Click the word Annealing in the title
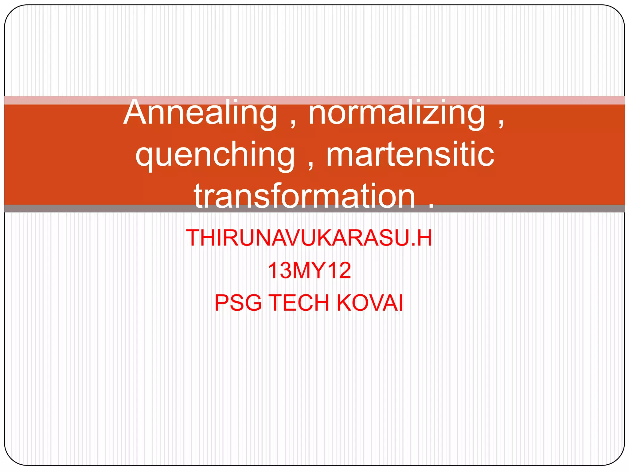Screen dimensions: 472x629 pos(200,113)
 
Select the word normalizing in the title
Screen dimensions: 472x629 pos(397,113)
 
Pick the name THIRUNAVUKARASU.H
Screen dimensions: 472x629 pos(309,238)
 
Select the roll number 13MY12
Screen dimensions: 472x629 pos(309,270)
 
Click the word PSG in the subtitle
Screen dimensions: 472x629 pos(238,303)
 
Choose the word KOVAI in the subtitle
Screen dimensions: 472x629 pos(370,303)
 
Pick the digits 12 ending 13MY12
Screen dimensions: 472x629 pos(341,270)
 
